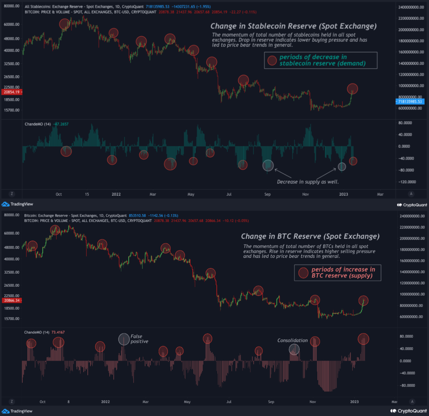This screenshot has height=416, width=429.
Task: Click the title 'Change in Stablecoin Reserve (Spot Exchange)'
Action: (x=293, y=26)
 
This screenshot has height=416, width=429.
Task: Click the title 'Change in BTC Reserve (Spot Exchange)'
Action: (x=310, y=236)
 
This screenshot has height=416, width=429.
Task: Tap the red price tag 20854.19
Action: (x=12, y=92)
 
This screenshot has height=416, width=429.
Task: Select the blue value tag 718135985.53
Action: (x=410, y=102)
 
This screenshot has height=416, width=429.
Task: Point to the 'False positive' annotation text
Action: (x=139, y=339)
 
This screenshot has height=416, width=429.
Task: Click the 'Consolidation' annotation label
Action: (x=292, y=341)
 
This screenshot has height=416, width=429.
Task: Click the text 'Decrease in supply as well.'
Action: (x=308, y=182)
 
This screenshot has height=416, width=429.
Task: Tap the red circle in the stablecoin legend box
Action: (x=272, y=60)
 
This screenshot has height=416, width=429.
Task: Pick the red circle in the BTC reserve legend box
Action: (x=303, y=273)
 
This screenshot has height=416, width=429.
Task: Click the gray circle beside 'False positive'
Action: (x=124, y=339)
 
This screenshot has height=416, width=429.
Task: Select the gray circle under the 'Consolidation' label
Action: (x=294, y=349)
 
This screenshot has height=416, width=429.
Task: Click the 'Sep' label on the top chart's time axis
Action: (x=267, y=194)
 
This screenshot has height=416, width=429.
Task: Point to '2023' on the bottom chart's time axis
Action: (x=354, y=402)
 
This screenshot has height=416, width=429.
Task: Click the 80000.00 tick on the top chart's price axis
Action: (x=12, y=6)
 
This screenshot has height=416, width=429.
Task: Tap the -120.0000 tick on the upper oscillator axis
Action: (x=407, y=182)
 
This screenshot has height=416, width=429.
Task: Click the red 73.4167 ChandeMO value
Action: (x=58, y=332)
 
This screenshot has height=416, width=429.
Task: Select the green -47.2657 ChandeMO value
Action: (x=61, y=124)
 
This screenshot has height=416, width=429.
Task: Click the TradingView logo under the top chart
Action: (x=17, y=204)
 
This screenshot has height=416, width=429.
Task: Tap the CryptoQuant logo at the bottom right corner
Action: (x=409, y=411)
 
